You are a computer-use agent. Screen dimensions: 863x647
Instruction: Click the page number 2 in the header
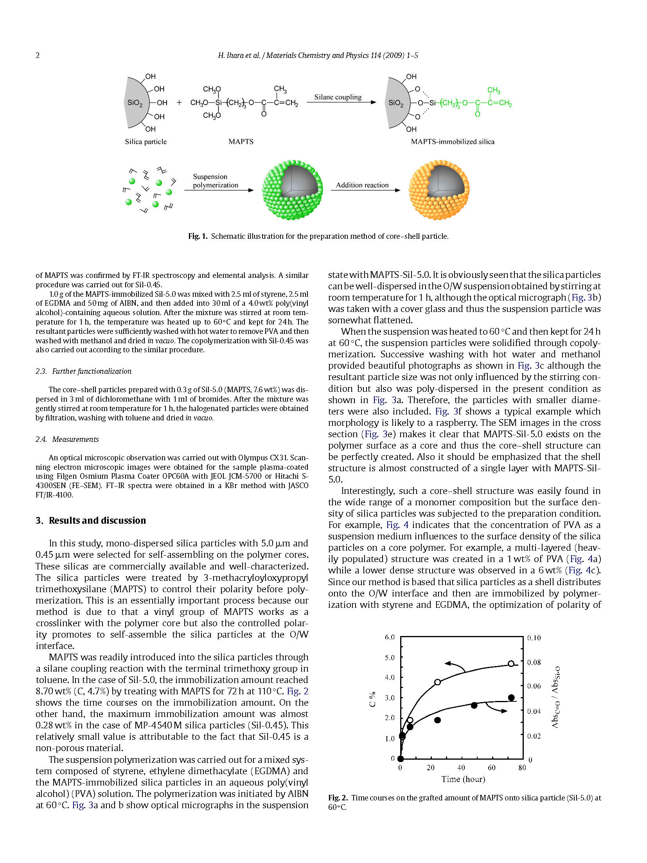click(x=38, y=55)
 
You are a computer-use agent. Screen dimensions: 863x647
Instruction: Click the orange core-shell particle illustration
click(x=439, y=190)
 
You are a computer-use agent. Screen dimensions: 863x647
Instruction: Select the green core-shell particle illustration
click(x=292, y=190)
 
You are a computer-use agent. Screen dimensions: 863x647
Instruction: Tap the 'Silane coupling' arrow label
click(x=338, y=97)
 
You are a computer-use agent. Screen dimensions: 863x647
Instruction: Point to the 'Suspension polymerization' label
click(x=215, y=181)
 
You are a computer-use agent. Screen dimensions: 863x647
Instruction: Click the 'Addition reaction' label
click(x=362, y=185)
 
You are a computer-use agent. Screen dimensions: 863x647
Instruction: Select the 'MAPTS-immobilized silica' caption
click(x=453, y=142)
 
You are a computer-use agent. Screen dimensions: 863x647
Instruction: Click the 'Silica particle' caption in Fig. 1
click(x=146, y=142)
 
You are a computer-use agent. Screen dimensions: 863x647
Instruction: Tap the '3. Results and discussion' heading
click(x=91, y=520)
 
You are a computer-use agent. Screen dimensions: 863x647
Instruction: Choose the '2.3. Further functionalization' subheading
click(x=83, y=371)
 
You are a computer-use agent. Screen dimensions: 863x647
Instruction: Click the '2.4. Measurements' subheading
click(x=67, y=439)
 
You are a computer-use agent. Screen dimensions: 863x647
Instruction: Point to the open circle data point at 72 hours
click(x=511, y=663)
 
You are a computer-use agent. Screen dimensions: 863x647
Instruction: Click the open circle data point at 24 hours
click(x=437, y=682)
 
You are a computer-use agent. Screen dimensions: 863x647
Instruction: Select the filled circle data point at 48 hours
click(x=474, y=705)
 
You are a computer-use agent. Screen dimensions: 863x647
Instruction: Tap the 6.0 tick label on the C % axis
click(x=390, y=637)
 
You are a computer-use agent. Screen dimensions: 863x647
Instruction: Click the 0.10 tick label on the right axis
click(x=534, y=638)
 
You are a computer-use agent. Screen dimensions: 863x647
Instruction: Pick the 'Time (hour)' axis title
click(x=463, y=779)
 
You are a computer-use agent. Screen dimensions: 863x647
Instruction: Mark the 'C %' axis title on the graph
click(x=372, y=699)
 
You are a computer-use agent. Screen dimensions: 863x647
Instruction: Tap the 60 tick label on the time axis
click(x=492, y=768)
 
